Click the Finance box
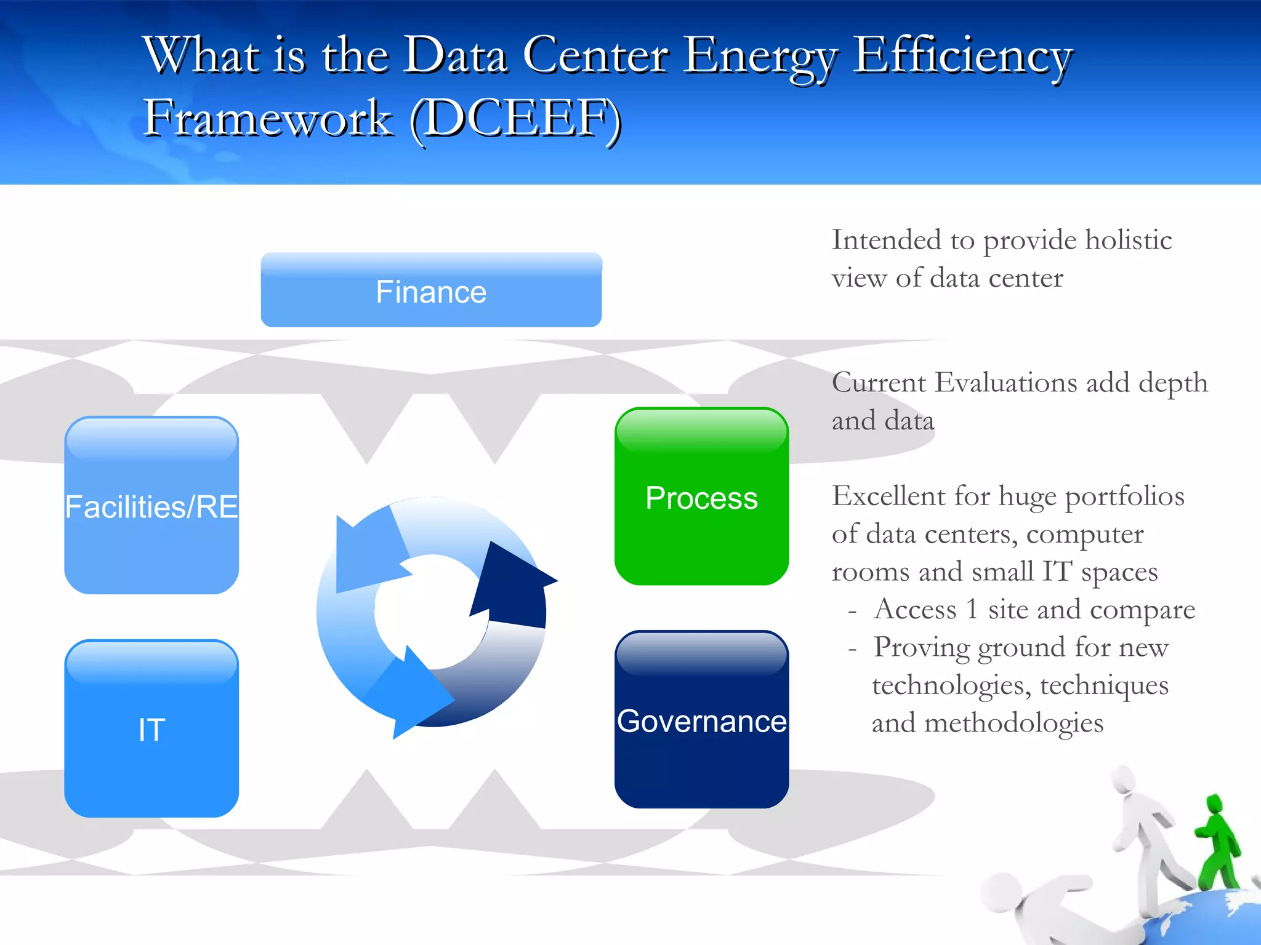[431, 290]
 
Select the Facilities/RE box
[151, 506]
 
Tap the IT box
[151, 729]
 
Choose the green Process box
[701, 496]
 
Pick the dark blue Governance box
[701, 720]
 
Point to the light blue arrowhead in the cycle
[366, 554]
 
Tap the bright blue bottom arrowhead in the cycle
[413, 695]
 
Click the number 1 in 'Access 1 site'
[972, 610]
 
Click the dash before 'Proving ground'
[852, 648]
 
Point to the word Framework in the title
[268, 118]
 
